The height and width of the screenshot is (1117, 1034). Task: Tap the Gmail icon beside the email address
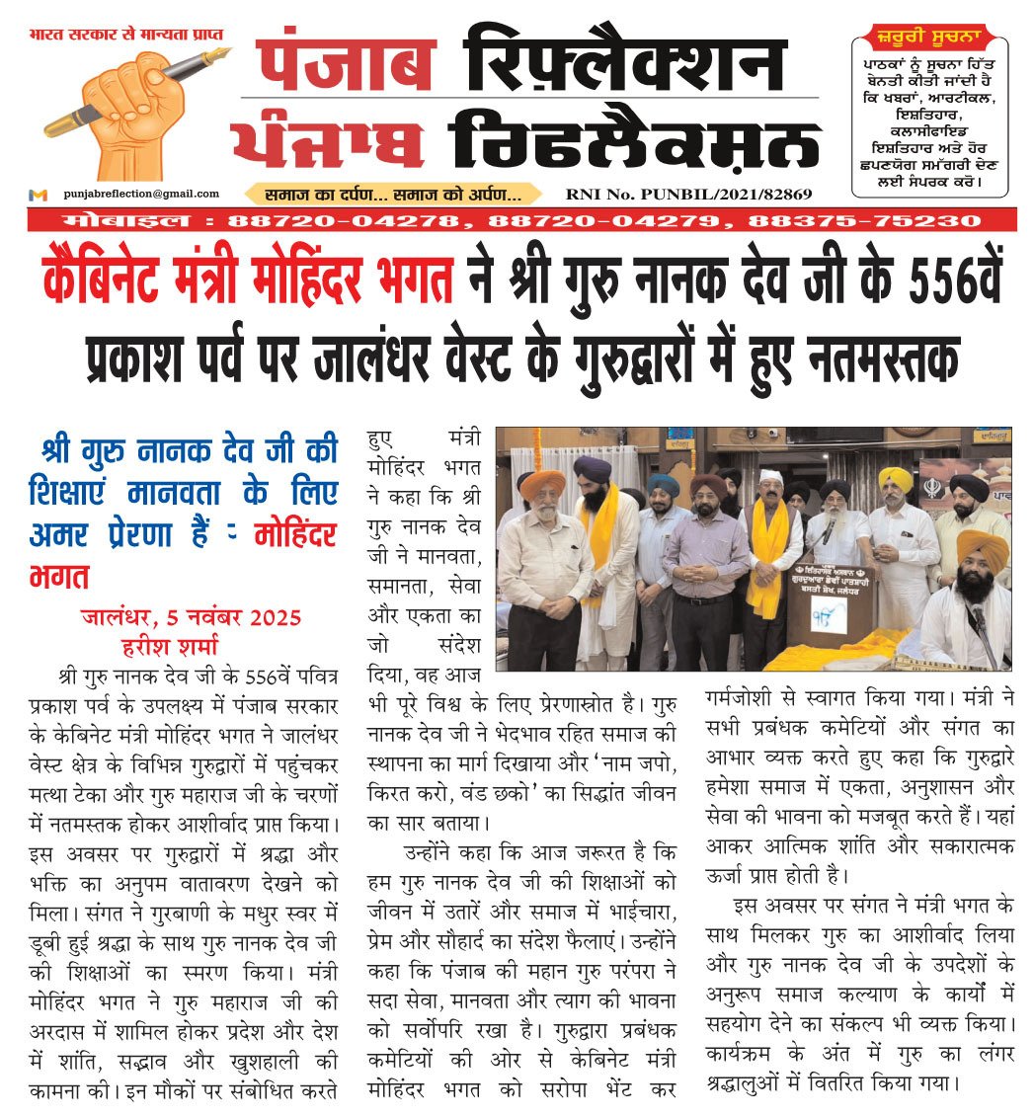[x=39, y=195]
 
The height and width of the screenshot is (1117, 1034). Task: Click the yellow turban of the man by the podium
[x=895, y=480]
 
